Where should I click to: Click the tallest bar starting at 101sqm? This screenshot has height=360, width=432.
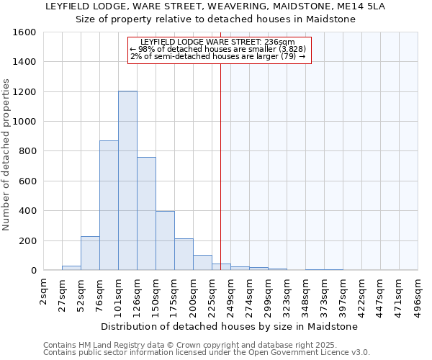pyautogui.click(x=127, y=181)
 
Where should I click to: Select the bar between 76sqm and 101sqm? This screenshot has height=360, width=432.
pyautogui.click(x=109, y=205)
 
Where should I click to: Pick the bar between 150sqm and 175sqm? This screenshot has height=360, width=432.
pyautogui.click(x=165, y=240)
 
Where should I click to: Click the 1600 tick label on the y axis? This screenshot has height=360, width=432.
pyautogui.click(x=25, y=32)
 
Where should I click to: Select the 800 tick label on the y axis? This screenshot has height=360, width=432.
pyautogui.click(x=28, y=151)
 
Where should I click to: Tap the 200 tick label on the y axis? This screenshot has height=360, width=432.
pyautogui.click(x=28, y=240)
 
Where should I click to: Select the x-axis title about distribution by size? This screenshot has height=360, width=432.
pyautogui.click(x=229, y=326)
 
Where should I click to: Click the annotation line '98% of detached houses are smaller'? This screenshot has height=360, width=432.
pyautogui.click(x=219, y=49)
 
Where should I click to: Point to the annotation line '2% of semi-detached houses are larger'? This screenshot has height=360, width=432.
pyautogui.click(x=219, y=56)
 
